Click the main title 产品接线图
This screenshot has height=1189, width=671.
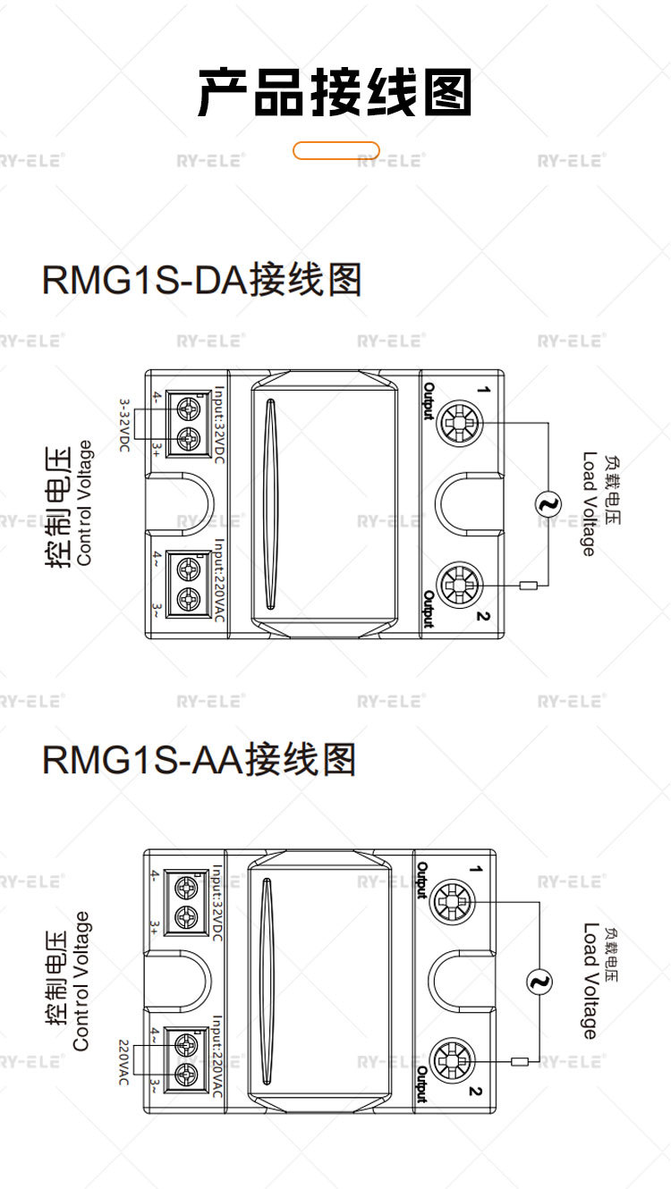point(335,93)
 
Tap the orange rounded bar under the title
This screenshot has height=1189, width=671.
point(336,150)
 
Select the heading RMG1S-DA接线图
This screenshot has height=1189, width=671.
point(201,280)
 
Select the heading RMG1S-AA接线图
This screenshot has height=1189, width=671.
point(199,760)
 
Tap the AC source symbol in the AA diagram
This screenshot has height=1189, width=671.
point(539,983)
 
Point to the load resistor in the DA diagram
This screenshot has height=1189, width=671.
point(530,586)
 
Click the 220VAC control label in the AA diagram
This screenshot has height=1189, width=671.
point(124,1062)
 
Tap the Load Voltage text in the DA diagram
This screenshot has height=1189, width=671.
point(588,503)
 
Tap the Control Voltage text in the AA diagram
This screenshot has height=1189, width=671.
point(81,981)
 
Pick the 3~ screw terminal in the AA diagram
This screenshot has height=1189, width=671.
point(186,1070)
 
